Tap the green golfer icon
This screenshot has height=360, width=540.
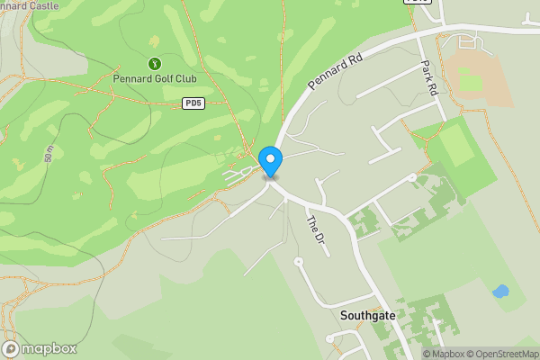pyautogui.click(x=155, y=64)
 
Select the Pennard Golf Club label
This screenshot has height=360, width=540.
pyautogui.click(x=155, y=78)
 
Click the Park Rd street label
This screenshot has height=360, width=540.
pyautogui.click(x=428, y=78)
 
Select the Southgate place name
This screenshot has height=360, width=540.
pyautogui.click(x=368, y=316)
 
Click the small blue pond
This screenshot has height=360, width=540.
pyautogui.click(x=500, y=292)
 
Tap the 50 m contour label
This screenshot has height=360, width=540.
pyautogui.click(x=49, y=152)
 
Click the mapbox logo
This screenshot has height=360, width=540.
pyautogui.click(x=40, y=348)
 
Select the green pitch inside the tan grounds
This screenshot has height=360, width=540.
pyautogui.click(x=472, y=83)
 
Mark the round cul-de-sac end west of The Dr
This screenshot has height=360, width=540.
pyautogui.click(x=298, y=262)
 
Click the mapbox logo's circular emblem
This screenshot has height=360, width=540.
pyautogui.click(x=11, y=348)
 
